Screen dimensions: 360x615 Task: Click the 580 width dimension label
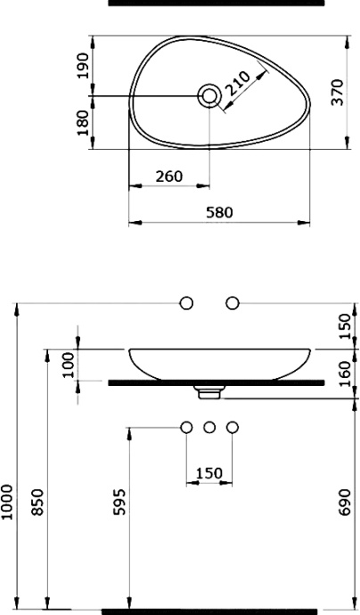click(x=219, y=212)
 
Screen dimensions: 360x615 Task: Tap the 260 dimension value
click(x=169, y=176)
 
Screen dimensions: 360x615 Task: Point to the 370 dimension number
click(x=337, y=93)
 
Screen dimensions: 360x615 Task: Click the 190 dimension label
click(x=83, y=65)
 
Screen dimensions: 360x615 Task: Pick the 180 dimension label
click(x=83, y=123)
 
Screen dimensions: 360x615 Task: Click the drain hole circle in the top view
click(x=209, y=95)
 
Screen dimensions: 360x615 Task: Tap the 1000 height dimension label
click(x=6, y=502)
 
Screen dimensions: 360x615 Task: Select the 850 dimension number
click(x=37, y=502)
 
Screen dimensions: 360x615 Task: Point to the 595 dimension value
click(x=119, y=502)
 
